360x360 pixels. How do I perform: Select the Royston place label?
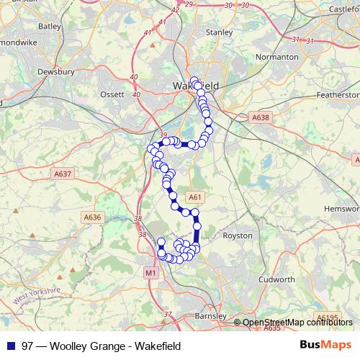[x=238, y=235]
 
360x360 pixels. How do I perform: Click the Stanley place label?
[x=219, y=32]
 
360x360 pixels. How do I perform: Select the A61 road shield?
[x=193, y=197]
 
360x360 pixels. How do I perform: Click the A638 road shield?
[x=260, y=117]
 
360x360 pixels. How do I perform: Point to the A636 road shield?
[x=93, y=217]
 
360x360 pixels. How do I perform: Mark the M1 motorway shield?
[x=150, y=272]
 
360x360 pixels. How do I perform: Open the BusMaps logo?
[x=325, y=346]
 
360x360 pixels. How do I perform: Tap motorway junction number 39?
[x=163, y=135]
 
